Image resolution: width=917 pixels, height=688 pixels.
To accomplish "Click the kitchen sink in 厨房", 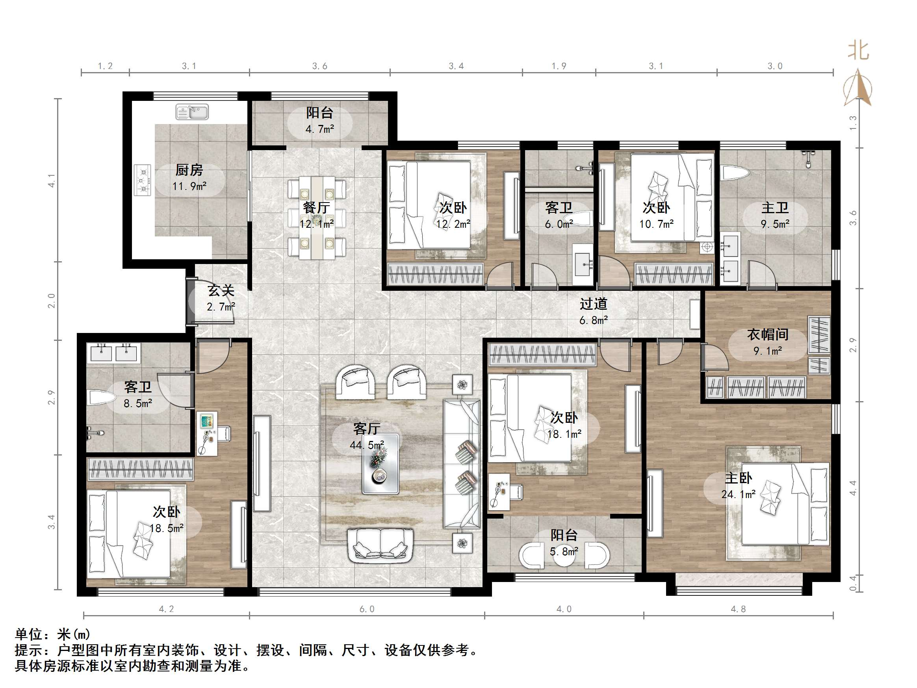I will [192, 112].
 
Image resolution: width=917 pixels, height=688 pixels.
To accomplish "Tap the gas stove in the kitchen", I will [143, 180].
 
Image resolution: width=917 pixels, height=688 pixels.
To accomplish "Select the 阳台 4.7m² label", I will [319, 121].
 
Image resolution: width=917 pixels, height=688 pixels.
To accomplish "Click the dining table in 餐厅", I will [317, 218].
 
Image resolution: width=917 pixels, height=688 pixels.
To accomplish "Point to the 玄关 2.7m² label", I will [221, 298].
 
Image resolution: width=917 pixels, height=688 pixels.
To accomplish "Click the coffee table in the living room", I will [380, 464].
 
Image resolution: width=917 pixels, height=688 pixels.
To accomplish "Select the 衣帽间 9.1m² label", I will [767, 342].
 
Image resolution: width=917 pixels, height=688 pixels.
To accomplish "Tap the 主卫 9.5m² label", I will [774, 216].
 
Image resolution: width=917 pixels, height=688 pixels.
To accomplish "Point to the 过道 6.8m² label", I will [593, 311].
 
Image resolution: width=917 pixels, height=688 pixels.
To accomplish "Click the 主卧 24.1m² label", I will [738, 485].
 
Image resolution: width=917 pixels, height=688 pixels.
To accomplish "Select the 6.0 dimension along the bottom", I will [366, 609].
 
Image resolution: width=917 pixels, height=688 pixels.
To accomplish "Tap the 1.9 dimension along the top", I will [559, 66].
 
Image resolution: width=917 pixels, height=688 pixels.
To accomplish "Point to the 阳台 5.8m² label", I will [564, 543].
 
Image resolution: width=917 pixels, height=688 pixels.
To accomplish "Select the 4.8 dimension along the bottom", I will [738, 609].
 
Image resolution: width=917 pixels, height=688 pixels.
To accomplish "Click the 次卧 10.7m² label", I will [656, 216].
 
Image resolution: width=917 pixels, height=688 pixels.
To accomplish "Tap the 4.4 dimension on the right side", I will [853, 488].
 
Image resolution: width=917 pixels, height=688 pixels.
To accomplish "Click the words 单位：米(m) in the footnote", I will [53, 634].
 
